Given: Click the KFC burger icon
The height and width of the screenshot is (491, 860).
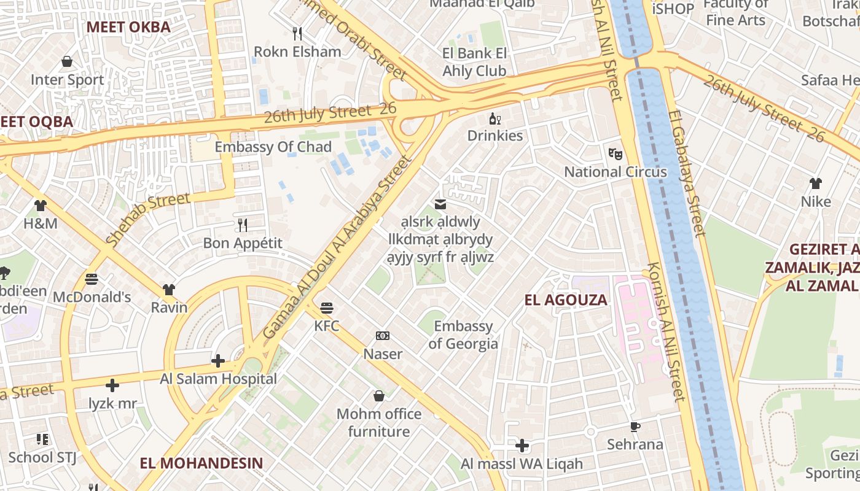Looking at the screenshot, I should coord(327,307).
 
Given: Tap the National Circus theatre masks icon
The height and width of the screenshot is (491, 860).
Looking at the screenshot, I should coord(615,153).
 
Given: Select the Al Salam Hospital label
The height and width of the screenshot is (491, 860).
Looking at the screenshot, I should coord(218,379).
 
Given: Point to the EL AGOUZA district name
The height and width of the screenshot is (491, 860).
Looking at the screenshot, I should coord(565,300).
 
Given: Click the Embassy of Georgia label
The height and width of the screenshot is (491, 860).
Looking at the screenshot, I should coord(463,334).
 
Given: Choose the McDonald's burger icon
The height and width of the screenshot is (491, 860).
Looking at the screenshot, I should coord(92,279).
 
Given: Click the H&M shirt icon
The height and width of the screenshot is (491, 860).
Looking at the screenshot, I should coord(41,206).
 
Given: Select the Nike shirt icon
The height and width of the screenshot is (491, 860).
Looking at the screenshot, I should coord(815,184).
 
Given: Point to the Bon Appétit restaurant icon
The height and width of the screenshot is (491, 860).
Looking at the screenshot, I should coord(243,225).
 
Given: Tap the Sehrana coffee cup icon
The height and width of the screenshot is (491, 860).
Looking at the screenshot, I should coord(635,427).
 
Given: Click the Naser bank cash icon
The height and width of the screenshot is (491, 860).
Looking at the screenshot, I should coord(383,336).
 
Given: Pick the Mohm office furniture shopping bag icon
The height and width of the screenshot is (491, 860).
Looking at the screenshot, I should coord(379,396).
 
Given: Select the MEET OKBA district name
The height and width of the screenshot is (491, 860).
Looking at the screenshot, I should coord(128,27).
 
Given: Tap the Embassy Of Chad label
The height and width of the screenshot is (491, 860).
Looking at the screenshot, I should coord(273,147).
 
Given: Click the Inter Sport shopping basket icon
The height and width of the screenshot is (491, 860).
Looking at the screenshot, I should coord(67,61).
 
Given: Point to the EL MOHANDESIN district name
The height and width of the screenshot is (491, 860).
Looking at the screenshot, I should coord(201,463).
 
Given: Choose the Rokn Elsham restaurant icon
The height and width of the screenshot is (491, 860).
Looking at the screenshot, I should coord(297,33).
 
